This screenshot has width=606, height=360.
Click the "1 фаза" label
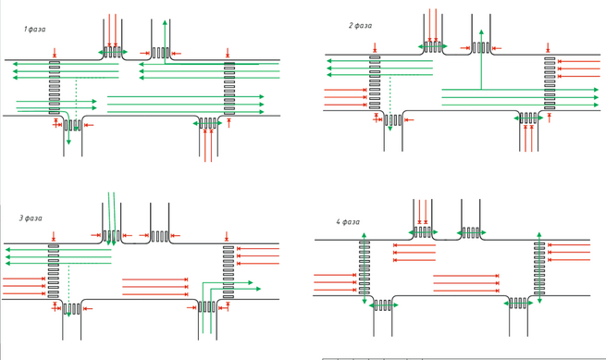click(34, 30)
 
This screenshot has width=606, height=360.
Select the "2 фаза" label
click(360, 26)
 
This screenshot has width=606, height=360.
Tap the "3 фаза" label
click(31, 218)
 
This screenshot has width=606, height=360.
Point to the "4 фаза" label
click(348, 221)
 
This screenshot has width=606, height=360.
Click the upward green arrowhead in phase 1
click(165, 23)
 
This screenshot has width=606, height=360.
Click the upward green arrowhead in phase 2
click(481, 32)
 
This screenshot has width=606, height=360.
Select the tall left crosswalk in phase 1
click(55, 87)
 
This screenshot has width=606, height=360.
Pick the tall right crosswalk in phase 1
click(229, 89)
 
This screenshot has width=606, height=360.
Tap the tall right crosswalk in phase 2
click(550, 83)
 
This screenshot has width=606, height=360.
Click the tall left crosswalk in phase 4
click(365, 267)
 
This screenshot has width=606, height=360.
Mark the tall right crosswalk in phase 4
click(539, 268)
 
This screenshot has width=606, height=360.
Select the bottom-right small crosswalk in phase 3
click(207, 307)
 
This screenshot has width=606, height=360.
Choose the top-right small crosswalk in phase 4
click(471, 233)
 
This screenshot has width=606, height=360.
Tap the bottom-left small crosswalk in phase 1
click(73, 125)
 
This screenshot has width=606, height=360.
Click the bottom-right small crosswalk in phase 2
click(528, 118)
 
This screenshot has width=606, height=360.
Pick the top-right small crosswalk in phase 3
click(160, 236)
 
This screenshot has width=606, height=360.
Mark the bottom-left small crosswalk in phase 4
click(383, 305)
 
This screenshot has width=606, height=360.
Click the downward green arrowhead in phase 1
click(68, 142)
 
